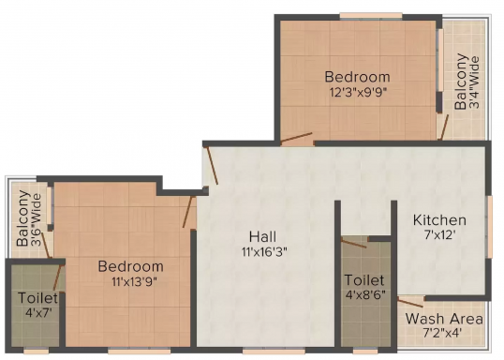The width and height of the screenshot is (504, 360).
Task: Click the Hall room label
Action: [262, 237]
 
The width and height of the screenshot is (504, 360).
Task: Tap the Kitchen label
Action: [439, 220]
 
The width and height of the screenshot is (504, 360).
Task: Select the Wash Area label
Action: [444, 319]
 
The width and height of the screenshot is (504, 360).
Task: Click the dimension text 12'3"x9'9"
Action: [358, 93]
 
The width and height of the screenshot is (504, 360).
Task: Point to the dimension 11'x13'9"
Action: [134, 282]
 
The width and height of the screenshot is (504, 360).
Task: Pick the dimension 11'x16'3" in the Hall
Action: [264, 251]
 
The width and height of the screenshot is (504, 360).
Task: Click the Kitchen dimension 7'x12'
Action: [440, 235]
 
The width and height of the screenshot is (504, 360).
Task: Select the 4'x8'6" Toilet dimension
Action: [365, 294]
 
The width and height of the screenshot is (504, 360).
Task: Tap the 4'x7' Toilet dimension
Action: [38, 312]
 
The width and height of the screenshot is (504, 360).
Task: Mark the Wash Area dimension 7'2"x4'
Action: [442, 332]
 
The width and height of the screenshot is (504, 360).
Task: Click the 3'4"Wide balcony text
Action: [474, 82]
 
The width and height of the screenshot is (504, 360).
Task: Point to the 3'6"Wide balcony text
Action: [36, 220]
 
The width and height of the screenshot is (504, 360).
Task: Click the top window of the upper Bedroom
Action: [371, 16]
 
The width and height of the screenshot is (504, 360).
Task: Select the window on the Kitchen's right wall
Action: [490, 227]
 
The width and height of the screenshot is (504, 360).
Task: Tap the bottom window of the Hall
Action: [274, 350]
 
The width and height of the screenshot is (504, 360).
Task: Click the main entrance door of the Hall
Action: [212, 165]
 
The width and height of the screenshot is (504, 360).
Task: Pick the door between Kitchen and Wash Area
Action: [410, 302]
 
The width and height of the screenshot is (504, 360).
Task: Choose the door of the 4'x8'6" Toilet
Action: [353, 243]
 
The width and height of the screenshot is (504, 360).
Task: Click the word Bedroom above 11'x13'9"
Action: [130, 266]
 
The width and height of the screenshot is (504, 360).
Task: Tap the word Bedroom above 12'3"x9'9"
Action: [357, 77]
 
